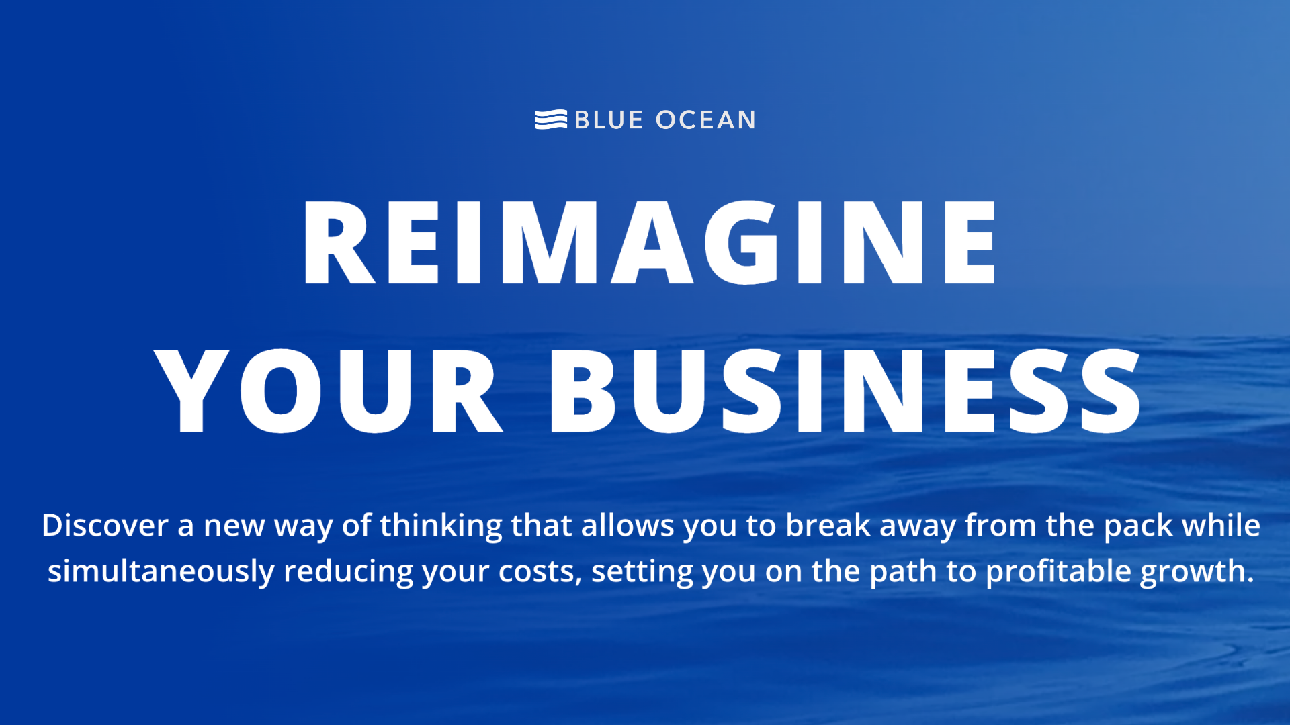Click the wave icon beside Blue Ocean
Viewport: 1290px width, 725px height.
pos(551,119)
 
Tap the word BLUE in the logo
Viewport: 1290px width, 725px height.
pos(609,120)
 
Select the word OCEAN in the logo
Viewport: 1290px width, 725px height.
pos(705,120)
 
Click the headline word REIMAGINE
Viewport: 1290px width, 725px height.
pos(649,242)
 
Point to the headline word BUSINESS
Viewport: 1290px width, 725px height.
pos(845,391)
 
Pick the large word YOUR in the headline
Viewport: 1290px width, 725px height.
pos(329,391)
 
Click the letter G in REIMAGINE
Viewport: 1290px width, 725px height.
pos(741,242)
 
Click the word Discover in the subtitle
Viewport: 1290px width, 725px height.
pos(105,525)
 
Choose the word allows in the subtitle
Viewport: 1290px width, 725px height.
pos(628,525)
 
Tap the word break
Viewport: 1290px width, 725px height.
pos(828,525)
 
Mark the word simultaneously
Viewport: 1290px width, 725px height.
pos(161,572)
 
